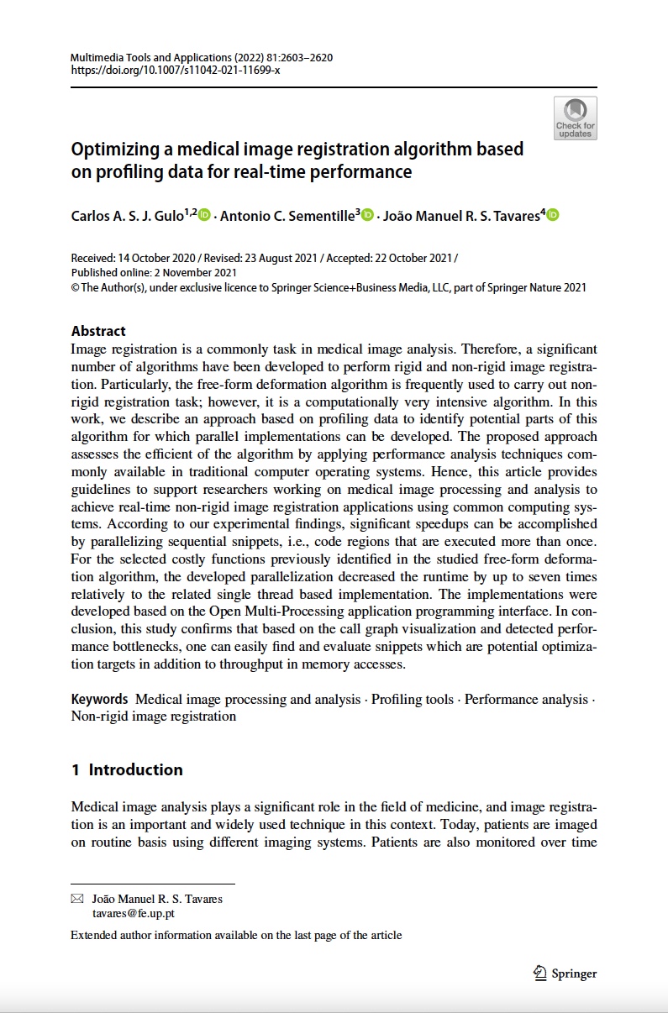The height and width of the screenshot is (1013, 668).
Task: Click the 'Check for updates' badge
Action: click(x=576, y=118)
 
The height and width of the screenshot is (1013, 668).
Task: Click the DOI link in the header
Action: click(x=176, y=70)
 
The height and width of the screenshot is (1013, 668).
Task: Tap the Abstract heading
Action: click(x=98, y=331)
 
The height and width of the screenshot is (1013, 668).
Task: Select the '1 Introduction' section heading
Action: click(x=127, y=769)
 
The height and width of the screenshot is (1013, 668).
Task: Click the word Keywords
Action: click(x=99, y=699)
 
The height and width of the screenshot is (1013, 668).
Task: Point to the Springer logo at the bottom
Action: click(x=565, y=973)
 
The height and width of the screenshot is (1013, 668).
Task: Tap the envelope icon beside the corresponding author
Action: click(x=77, y=899)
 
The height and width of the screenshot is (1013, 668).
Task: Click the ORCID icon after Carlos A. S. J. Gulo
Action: click(x=205, y=216)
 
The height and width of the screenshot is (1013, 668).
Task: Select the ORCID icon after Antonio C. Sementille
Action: click(x=368, y=216)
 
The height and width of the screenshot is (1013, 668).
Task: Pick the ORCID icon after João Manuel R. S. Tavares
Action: click(x=552, y=216)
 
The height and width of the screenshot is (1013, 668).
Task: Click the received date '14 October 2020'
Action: click(x=154, y=259)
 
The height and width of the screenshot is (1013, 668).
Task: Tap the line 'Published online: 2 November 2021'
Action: click(x=154, y=272)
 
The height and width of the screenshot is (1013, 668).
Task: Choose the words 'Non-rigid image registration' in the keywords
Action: click(x=154, y=716)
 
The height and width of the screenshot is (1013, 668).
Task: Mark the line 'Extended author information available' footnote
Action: click(x=236, y=935)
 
